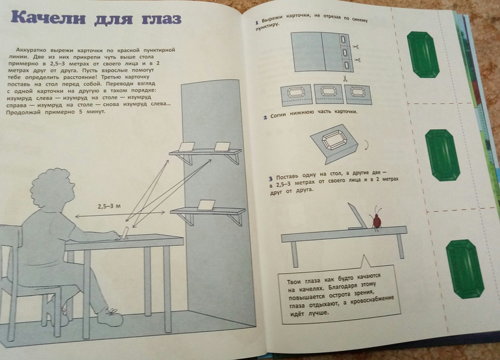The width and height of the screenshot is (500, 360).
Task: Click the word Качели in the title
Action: point(49,18)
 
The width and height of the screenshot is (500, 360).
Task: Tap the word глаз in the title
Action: point(161,19)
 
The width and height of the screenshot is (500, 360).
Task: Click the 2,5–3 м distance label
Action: point(109,206)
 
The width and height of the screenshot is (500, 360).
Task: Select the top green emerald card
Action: point(423,55)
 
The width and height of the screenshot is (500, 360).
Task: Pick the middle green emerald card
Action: point(443,155)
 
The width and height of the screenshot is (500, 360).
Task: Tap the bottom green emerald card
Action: point(465,269)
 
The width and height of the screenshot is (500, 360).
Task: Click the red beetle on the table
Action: point(377,218)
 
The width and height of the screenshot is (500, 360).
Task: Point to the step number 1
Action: point(256,22)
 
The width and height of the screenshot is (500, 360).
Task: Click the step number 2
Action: point(266,118)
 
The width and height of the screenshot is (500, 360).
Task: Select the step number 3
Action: point(271,179)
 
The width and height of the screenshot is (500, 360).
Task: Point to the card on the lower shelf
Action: point(206,205)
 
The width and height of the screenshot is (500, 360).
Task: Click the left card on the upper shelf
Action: point(186,146)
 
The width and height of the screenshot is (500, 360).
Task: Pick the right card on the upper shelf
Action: point(222,146)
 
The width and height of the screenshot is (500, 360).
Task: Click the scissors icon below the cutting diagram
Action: point(345,78)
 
